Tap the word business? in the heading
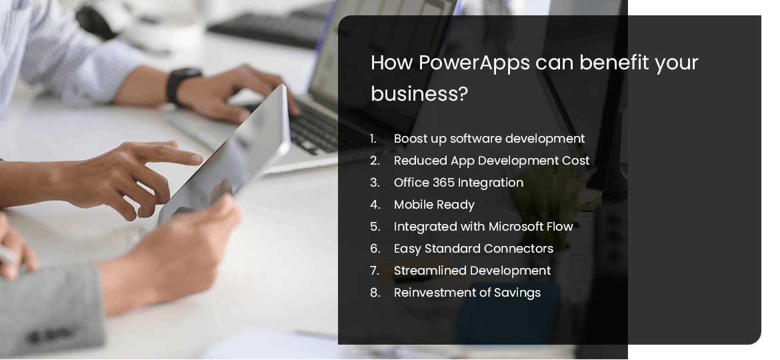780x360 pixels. tap(419, 94)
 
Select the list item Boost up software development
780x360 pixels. tap(489, 139)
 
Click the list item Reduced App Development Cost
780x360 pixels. tap(491, 161)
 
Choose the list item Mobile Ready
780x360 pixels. tap(434, 205)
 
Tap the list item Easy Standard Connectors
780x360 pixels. tap(473, 249)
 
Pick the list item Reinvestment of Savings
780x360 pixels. tap(467, 293)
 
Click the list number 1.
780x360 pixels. tap(374, 139)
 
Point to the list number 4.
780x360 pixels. tap(375, 205)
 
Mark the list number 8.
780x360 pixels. tap(375, 293)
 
